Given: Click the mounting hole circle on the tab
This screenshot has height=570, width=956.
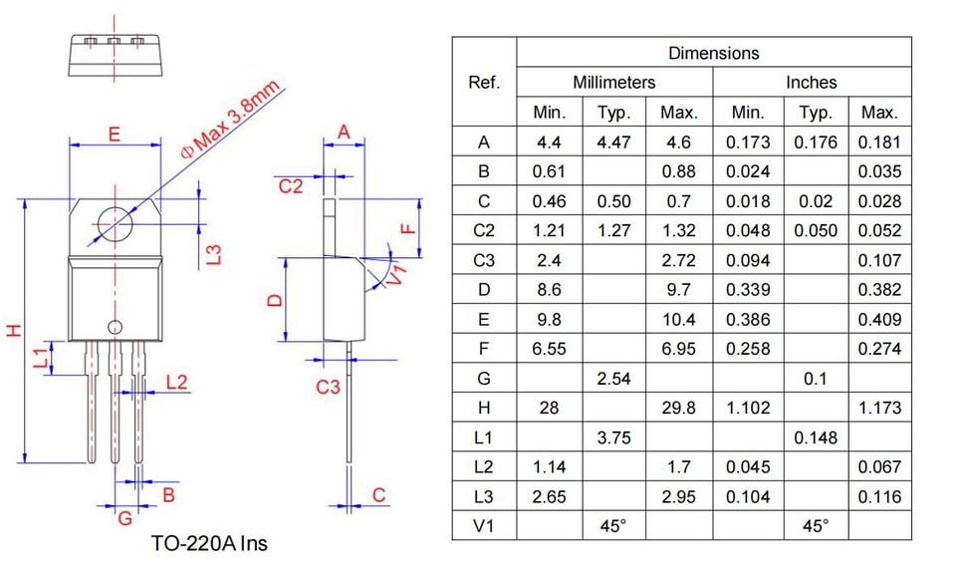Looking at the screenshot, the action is (98, 224).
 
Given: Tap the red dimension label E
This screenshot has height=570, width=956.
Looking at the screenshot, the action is (114, 134).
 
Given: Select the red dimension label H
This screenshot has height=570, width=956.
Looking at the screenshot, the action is (14, 331).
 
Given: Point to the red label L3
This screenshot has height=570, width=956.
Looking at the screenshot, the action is (214, 254).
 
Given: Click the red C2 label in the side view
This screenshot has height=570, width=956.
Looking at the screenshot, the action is (290, 186).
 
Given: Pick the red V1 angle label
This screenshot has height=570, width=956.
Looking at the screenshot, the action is (397, 275).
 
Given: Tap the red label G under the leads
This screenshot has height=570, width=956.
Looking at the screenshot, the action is (125, 518).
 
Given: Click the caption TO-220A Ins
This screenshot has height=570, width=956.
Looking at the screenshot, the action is (209, 543).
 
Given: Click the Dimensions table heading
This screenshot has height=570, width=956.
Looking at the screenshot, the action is (713, 53).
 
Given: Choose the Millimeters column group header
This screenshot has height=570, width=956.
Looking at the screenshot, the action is (614, 83).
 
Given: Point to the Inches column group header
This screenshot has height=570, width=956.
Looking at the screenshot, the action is (811, 83).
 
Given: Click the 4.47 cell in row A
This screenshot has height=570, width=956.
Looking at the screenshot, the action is (613, 142).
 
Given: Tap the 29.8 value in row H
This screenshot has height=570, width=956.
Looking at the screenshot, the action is (678, 408).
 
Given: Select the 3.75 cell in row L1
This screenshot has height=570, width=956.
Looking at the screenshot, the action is (613, 437).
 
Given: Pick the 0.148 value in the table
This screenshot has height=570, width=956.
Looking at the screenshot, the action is (816, 437).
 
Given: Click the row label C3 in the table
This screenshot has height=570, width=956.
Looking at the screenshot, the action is (484, 261).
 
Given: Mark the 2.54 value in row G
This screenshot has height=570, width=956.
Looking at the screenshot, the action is (613, 379).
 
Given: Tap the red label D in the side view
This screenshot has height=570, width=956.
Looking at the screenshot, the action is (276, 300).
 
